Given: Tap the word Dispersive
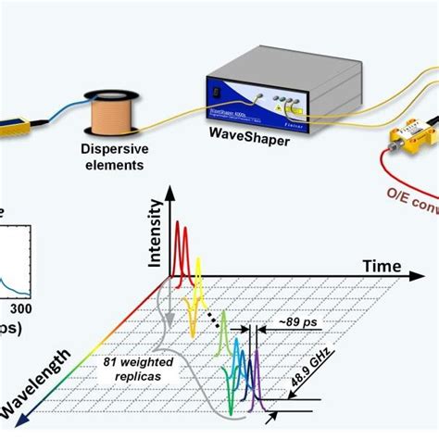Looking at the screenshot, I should point(111,151).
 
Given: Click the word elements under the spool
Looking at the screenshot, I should point(111,167).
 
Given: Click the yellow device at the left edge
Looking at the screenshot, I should point(19,121).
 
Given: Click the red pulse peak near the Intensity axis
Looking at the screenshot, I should point(183,222).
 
